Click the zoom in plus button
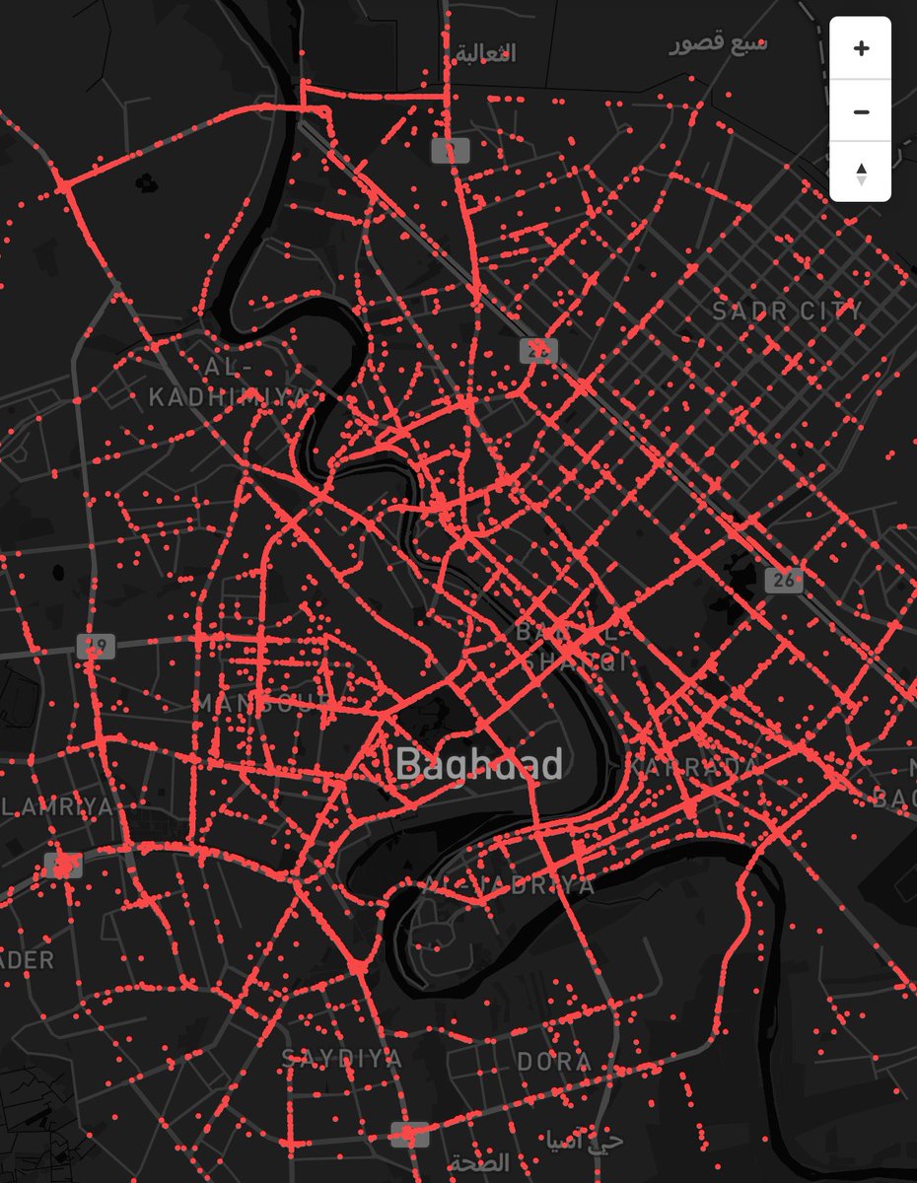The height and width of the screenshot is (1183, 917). click(861, 48)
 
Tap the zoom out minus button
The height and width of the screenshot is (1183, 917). click(861, 111)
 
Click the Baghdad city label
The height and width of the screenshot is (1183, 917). click(479, 764)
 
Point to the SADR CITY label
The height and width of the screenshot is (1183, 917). click(788, 312)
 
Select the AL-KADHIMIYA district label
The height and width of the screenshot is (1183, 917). click(228, 383)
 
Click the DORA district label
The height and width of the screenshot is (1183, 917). click(554, 1061)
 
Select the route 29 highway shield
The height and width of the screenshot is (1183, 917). click(96, 647)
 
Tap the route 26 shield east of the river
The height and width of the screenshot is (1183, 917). click(784, 581)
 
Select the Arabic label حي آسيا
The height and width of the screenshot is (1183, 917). click(597, 1142)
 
